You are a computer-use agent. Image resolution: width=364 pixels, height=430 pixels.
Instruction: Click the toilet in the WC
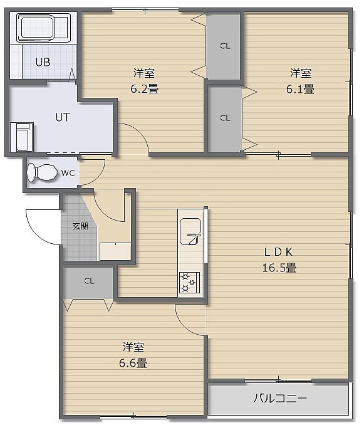pos(43,172)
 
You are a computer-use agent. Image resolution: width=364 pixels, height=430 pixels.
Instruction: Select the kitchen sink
pos(190,231)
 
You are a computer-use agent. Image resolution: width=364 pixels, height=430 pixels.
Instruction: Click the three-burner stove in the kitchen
pos(189,283)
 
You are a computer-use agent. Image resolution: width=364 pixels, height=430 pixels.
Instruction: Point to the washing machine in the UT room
pos(22,137)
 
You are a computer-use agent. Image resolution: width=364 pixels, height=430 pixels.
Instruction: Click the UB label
pos(43,63)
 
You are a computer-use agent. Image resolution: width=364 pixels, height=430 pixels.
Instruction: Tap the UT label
pos(63,117)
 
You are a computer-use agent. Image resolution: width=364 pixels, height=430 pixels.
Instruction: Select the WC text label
pos(68,173)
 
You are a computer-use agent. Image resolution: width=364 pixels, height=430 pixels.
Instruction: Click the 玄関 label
pos(80,226)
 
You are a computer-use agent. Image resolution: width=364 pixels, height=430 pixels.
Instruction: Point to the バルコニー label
pos(279,398)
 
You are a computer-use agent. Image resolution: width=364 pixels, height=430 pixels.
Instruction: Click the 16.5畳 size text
pos(279,268)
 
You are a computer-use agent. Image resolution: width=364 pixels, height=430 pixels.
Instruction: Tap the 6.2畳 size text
pos(145,89)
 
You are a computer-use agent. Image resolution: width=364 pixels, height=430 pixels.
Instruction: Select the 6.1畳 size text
pos(300,89)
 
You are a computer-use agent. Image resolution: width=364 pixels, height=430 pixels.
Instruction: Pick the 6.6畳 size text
pos(133,363)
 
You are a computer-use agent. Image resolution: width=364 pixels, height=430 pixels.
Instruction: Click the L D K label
pos(278,252)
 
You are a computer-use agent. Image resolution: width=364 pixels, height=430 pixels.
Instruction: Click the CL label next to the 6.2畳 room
pos(225,46)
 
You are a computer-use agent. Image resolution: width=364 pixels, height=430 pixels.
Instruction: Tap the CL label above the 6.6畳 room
pos(89,281)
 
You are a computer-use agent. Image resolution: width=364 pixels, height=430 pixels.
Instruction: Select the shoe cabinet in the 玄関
pos(115,251)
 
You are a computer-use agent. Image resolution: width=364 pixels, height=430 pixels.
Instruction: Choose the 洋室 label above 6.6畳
pos(133,347)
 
